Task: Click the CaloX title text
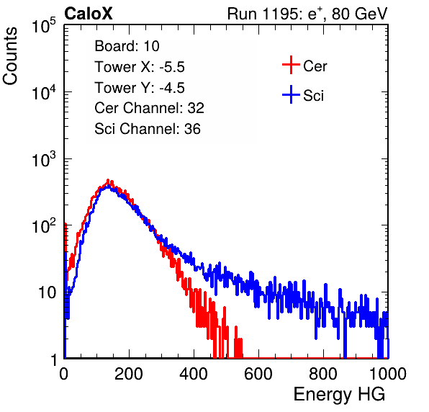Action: (89, 14)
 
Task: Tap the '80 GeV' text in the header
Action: (359, 14)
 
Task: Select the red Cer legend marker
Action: (291, 65)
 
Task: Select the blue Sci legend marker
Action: (291, 94)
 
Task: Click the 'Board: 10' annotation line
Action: (127, 46)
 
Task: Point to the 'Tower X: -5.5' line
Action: (140, 67)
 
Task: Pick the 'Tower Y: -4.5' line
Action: (140, 88)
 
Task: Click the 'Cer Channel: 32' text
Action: (150, 108)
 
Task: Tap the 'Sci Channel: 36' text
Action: (148, 129)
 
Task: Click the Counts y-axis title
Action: (10, 56)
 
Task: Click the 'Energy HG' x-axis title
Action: (339, 395)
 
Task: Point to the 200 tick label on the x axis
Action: (129, 373)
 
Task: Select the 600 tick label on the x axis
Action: (258, 373)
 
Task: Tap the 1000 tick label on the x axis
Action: (388, 373)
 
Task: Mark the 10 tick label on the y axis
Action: (47, 292)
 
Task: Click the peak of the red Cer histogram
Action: (108, 180)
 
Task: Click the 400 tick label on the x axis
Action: (194, 373)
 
